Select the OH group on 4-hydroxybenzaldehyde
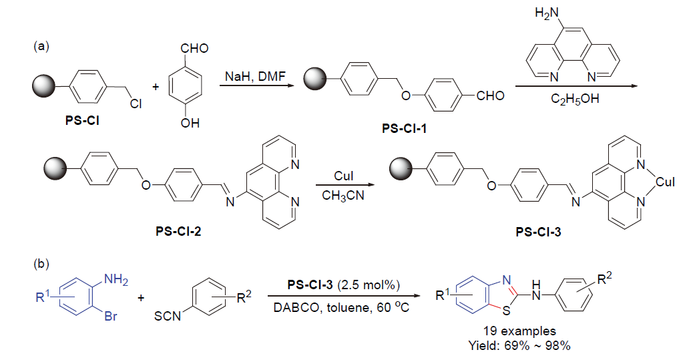pos(189,122)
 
